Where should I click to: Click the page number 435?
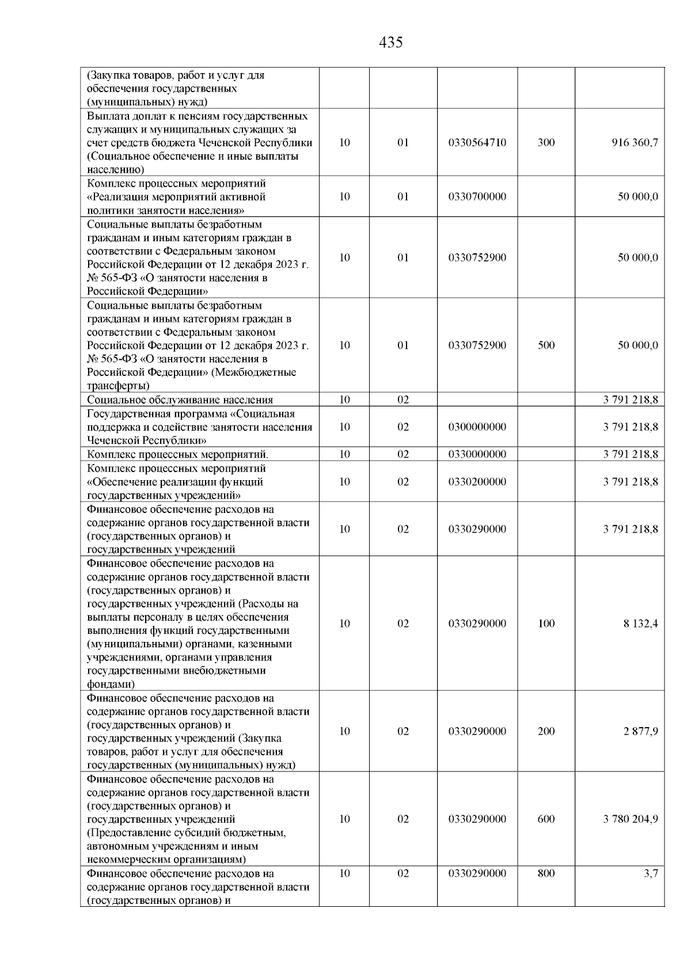tap(391, 42)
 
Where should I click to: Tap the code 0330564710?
tap(477, 143)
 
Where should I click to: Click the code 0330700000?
tap(477, 197)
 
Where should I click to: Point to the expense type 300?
tap(546, 143)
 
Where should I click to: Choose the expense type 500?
tap(546, 345)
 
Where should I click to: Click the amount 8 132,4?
tap(640, 624)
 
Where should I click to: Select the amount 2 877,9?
tap(640, 732)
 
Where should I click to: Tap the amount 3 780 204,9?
tap(631, 819)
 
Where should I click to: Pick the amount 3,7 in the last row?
tap(651, 873)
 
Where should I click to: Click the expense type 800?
tap(546, 873)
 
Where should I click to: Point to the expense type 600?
tap(546, 819)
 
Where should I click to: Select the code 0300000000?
tap(477, 427)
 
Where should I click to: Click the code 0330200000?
tap(477, 482)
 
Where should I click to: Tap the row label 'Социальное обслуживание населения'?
tap(180, 400)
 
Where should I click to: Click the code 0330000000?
tap(477, 454)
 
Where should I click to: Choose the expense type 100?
tap(546, 624)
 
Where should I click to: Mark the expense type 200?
tap(546, 732)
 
